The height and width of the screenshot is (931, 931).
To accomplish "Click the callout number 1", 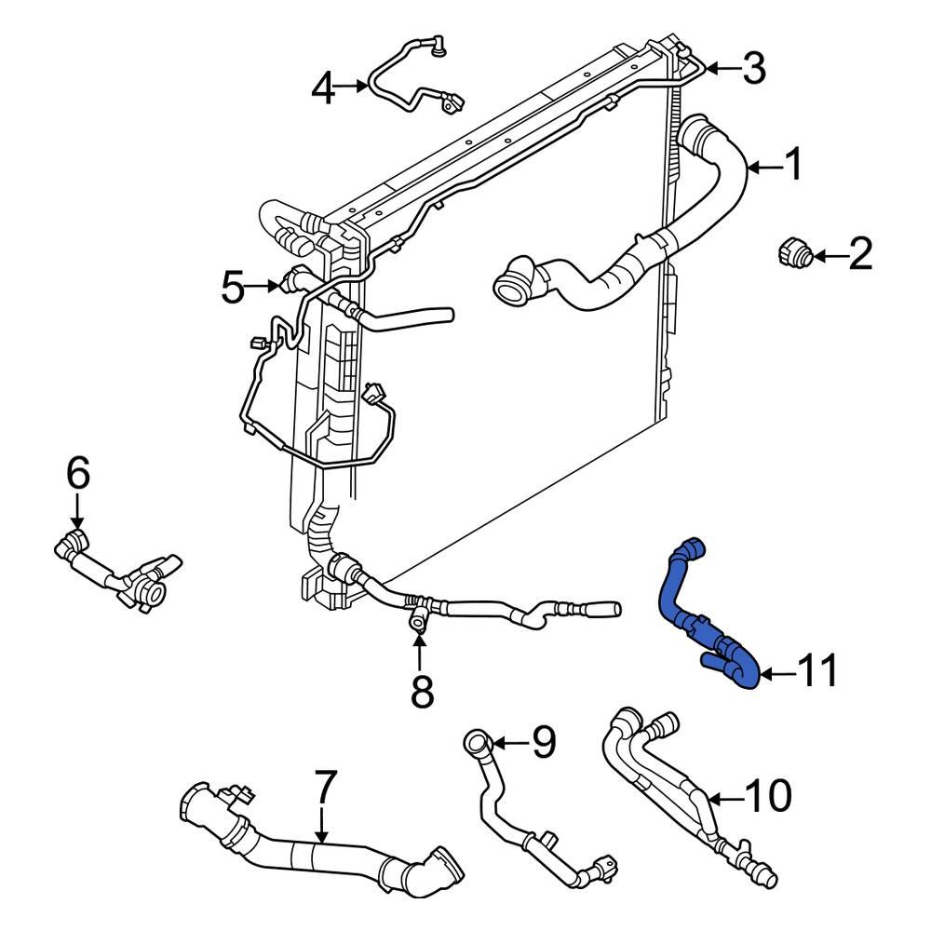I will point(792,167).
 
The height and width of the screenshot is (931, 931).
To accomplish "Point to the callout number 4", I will point(323,89).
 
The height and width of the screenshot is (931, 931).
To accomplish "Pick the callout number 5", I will point(234,287).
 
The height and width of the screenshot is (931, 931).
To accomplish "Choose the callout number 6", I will point(78,474).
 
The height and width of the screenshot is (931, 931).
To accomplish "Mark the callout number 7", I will point(322,790).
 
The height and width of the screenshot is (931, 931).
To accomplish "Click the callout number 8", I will point(422,691).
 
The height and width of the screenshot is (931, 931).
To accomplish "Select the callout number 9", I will point(543,742).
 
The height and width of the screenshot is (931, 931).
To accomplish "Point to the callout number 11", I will point(819,670).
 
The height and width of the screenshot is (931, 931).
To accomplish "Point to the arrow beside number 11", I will point(776,671).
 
